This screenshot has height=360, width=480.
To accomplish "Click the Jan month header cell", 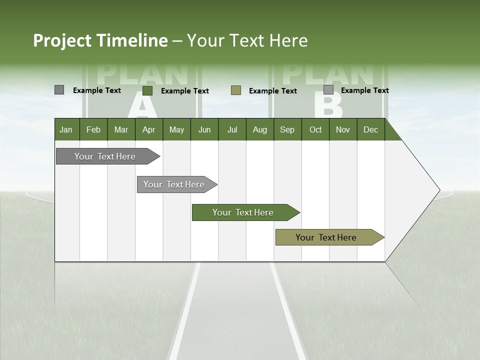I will [x=66, y=129].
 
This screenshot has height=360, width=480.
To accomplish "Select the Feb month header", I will [x=93, y=129].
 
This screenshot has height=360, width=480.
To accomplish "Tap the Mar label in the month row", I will [x=121, y=129].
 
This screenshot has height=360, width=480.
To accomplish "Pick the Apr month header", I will [x=149, y=129].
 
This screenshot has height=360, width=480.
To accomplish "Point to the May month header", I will [x=176, y=129].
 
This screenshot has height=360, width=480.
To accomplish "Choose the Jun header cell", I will [x=204, y=129].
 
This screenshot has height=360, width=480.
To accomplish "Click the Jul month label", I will [x=232, y=129].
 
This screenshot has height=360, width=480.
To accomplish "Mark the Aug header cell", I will [x=260, y=129].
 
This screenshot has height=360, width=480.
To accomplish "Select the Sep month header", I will [x=287, y=129].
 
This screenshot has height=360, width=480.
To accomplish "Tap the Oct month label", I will [x=315, y=129].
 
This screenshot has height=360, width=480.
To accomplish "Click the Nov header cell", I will [x=343, y=129].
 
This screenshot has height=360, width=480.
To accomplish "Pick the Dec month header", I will [x=371, y=129].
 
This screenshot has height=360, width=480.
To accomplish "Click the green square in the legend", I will [x=147, y=90].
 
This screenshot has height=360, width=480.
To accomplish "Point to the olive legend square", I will [x=236, y=90].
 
